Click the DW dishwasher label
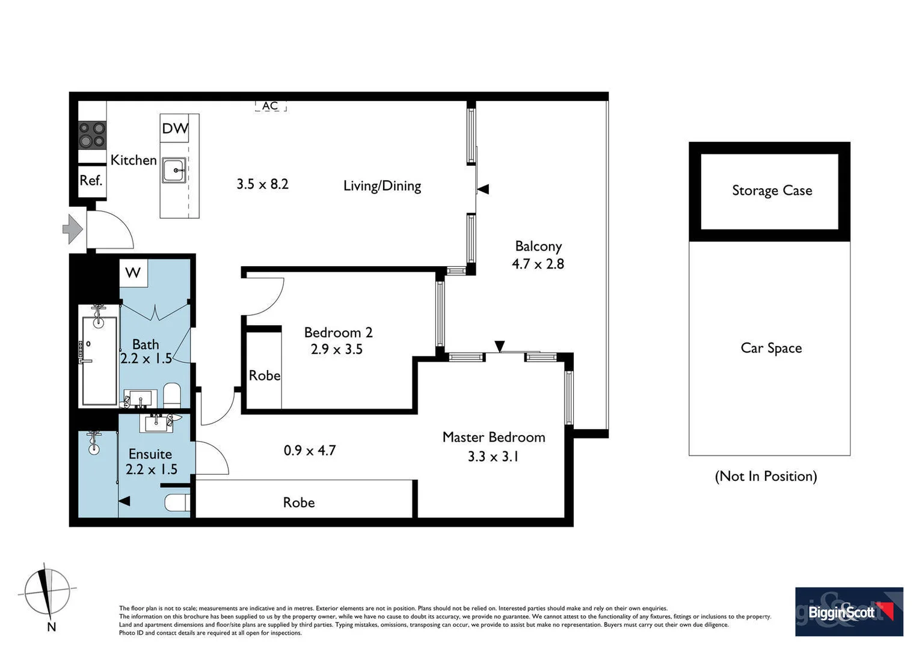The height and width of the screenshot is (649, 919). (x=175, y=128)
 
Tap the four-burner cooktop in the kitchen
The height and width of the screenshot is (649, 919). (x=92, y=135)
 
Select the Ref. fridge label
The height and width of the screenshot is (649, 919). (x=91, y=180)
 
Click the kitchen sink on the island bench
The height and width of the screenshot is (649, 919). (x=174, y=171)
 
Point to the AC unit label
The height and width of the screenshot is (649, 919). (x=270, y=106)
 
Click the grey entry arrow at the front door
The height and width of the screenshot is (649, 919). (x=73, y=229)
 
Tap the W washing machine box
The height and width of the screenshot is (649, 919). (x=133, y=273)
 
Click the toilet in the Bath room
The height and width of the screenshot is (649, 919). (x=172, y=395)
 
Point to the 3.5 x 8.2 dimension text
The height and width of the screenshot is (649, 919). (x=262, y=184)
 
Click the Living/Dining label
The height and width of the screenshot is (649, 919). (x=382, y=186)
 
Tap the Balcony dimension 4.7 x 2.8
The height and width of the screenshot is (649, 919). (x=538, y=264)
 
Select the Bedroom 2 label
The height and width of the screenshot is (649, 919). (x=338, y=332)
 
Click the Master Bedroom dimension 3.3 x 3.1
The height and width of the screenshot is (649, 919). (x=493, y=457)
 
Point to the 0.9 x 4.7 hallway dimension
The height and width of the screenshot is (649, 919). (x=310, y=450)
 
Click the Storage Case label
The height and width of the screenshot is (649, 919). (x=772, y=190)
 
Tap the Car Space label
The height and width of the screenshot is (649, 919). (x=771, y=348)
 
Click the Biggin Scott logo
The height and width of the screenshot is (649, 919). (x=849, y=612)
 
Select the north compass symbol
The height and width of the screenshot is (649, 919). (x=46, y=593)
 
